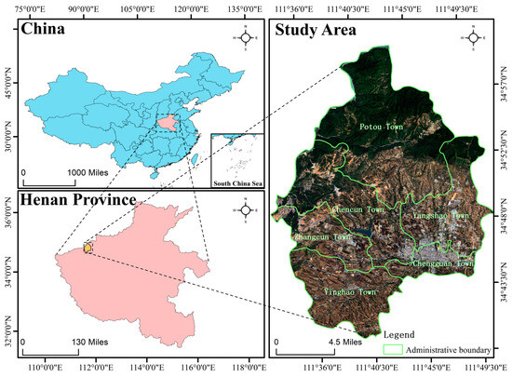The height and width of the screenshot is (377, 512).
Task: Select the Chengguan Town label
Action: (x=443, y=263)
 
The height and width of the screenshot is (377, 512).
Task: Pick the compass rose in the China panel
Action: (x=246, y=38)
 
